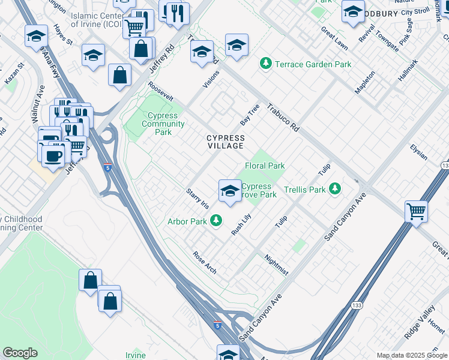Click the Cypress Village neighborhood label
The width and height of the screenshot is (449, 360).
(226, 142)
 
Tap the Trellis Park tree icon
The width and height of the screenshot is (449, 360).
(335, 190)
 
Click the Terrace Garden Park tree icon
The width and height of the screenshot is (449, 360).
(265, 64)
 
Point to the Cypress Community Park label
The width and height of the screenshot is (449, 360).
(163, 124)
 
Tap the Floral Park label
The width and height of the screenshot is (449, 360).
(264, 166)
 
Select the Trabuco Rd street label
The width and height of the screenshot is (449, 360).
(283, 117)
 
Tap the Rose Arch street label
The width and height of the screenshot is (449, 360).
(204, 262)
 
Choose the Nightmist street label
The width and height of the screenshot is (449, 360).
(277, 265)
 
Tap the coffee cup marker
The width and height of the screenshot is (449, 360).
(53, 156)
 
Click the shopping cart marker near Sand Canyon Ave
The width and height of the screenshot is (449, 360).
(416, 211)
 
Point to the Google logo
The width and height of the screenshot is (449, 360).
(20, 353)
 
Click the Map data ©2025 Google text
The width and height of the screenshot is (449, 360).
(412, 355)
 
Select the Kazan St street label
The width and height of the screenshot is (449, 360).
(13, 73)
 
